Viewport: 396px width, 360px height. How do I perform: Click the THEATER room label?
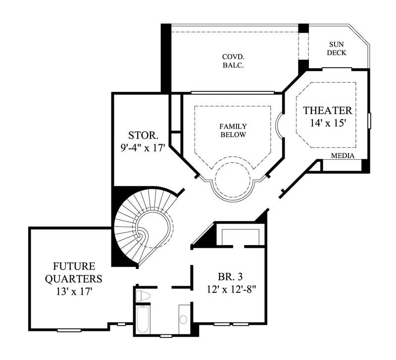tap(327, 110)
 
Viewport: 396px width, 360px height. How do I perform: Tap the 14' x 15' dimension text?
tap(327, 124)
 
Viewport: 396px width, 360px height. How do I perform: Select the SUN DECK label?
tap(337, 48)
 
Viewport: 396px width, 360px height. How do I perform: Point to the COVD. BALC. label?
tap(233, 60)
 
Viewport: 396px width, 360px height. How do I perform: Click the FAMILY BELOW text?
tap(233, 131)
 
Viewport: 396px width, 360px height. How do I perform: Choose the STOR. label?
tap(143, 135)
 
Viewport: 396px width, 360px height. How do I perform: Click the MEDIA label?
tap(343, 156)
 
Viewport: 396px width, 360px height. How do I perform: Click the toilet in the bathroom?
tap(144, 296)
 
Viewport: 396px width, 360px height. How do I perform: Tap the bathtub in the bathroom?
tap(143, 320)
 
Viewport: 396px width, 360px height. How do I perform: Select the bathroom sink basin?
tap(184, 319)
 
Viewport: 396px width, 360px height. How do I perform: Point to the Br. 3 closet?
tap(242, 237)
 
